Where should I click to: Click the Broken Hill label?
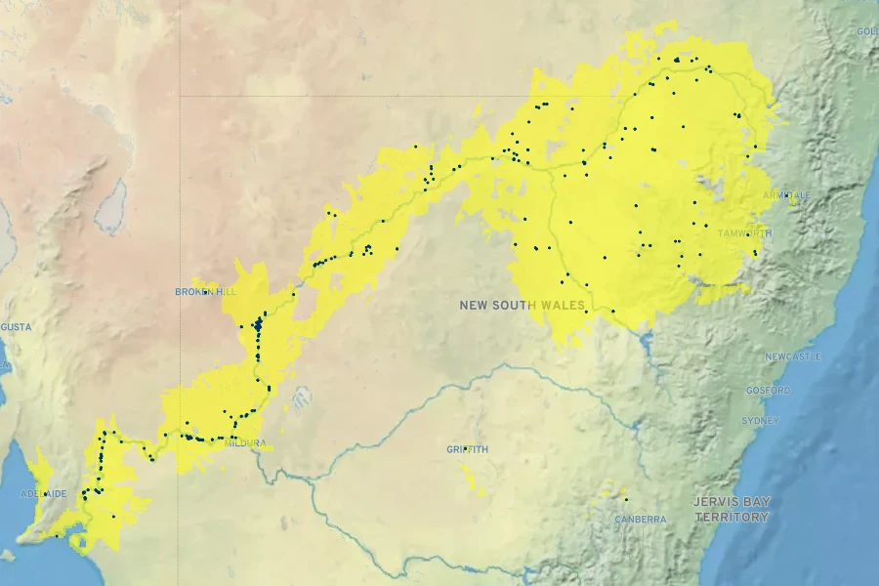pyautogui.click(x=205, y=292)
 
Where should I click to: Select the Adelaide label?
pyautogui.click(x=44, y=494)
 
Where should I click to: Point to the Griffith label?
pyautogui.click(x=467, y=450)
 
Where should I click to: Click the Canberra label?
pyautogui.click(x=641, y=520)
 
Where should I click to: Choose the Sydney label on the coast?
pyautogui.click(x=761, y=421)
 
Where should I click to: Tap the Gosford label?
pyautogui.click(x=769, y=391)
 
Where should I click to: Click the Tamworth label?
pyautogui.click(x=744, y=234)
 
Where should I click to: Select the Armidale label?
pyautogui.click(x=787, y=195)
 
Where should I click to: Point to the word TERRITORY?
pyautogui.click(x=732, y=517)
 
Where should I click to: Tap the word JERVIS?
pyautogui.click(x=715, y=502)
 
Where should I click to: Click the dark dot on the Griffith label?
pyautogui.click(x=465, y=449)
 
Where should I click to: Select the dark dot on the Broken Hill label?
pyautogui.click(x=205, y=291)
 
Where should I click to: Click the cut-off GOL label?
pyautogui.click(x=867, y=31)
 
